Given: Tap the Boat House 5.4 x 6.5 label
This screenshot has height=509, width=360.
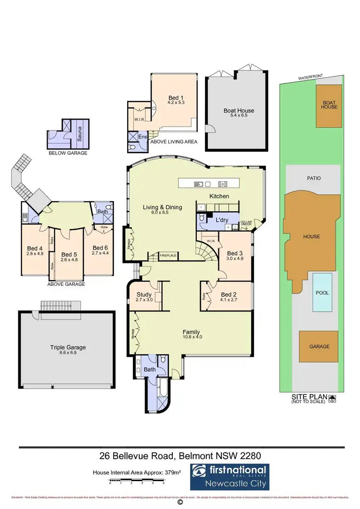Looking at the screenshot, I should (239, 111).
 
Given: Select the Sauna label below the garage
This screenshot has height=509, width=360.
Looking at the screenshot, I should (80, 132).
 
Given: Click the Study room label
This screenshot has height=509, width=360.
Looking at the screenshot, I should (144, 295).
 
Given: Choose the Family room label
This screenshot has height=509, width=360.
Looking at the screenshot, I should (191, 332).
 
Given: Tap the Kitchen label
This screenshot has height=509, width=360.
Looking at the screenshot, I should (219, 196).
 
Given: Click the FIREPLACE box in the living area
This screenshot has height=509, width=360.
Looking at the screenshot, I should (168, 256).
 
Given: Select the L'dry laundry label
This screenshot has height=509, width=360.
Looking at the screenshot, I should (221, 220).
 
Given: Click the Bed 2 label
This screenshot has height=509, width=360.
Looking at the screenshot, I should (228, 295).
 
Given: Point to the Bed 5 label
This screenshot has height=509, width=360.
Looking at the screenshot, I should (69, 254).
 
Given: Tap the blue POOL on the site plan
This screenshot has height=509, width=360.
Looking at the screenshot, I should (323, 292).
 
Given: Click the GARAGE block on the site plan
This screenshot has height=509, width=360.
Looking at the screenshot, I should (319, 346).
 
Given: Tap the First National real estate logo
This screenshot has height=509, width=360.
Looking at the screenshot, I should (229, 477).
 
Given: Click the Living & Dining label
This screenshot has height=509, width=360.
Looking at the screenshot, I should (163, 207).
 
